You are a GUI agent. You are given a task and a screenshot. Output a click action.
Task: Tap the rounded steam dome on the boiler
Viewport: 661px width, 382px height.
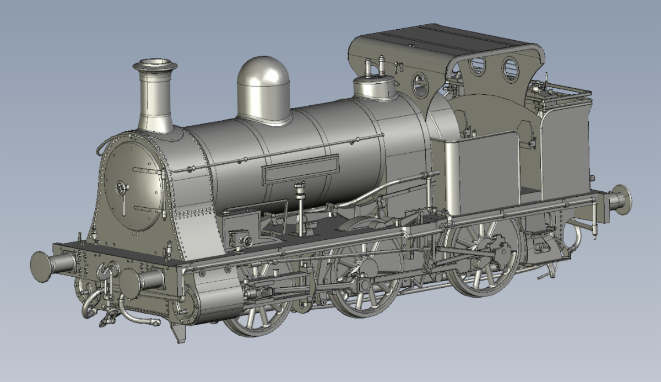[x=263, y=88]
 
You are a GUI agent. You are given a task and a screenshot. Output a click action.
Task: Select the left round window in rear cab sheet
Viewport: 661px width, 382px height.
[x=477, y=66]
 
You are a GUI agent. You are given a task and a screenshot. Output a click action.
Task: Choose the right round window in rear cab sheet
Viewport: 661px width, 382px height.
[x=510, y=69]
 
